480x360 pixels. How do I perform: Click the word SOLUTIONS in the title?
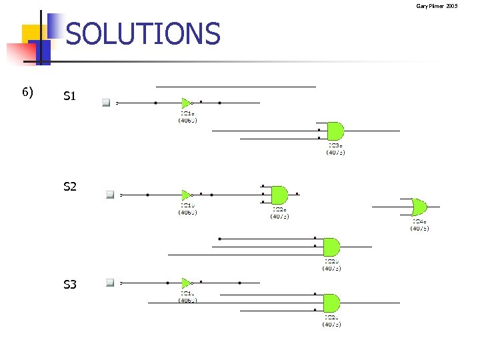click(143, 34)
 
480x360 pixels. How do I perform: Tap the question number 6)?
click(28, 91)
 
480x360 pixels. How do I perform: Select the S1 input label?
click(70, 97)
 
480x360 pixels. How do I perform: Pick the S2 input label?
click(70, 187)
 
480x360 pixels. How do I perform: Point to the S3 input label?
click(70, 285)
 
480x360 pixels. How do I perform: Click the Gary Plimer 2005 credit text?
click(437, 6)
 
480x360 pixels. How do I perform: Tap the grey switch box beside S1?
click(105, 103)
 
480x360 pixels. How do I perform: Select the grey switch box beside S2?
click(109, 195)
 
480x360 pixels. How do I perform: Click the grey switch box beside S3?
click(109, 283)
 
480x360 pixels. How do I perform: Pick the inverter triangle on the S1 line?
click(186, 103)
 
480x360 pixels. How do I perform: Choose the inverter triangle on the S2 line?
click(186, 195)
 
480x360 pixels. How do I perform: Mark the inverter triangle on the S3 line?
click(186, 283)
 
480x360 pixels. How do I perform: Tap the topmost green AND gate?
click(335, 131)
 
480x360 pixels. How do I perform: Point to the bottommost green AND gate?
click(331, 303)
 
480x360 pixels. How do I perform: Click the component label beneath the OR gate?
click(419, 225)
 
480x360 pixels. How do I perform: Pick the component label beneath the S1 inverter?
click(187, 117)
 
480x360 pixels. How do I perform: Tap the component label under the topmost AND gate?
click(335, 149)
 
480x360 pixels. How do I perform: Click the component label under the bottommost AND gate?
click(332, 321)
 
